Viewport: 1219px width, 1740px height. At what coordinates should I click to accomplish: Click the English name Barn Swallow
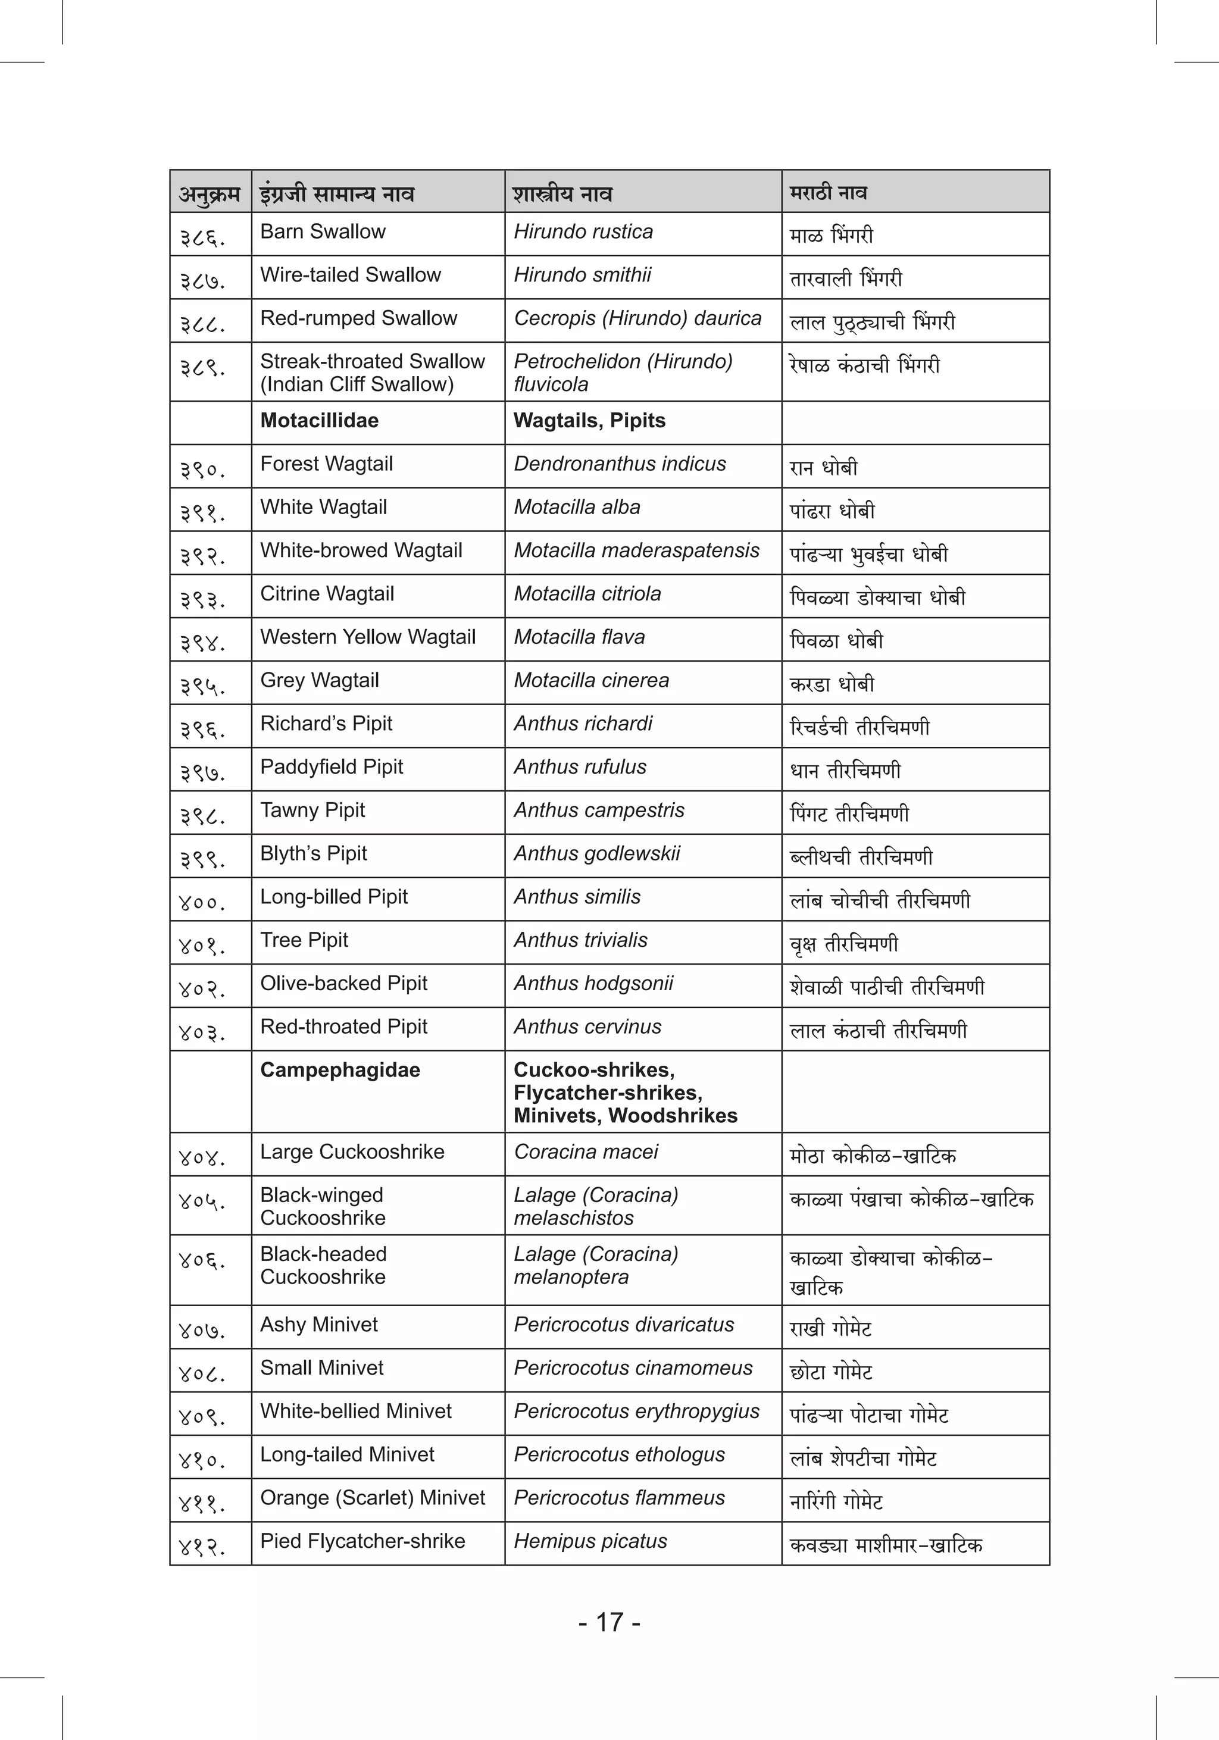[323, 232]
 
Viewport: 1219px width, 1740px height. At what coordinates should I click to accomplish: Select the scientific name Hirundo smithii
[582, 275]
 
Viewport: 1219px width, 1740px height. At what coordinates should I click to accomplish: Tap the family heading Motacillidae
[319, 421]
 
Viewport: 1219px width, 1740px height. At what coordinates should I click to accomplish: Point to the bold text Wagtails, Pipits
[589, 421]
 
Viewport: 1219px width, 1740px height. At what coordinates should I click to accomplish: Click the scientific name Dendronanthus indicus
[620, 464]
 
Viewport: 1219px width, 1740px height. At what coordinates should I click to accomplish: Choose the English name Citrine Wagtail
[327, 593]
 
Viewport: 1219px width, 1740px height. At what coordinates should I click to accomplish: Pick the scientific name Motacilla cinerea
[591, 681]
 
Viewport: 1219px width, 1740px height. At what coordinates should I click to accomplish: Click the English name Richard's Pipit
[326, 724]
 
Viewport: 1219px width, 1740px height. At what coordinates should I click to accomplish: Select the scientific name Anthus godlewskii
[596, 853]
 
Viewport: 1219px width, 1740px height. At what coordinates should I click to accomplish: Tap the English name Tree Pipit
[304, 940]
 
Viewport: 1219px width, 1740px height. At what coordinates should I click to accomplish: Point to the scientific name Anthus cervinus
[587, 1027]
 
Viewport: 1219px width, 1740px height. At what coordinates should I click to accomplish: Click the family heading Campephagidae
[340, 1070]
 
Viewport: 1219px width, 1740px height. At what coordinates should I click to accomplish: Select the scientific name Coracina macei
[586, 1152]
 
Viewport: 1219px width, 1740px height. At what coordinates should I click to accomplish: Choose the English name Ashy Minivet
[318, 1325]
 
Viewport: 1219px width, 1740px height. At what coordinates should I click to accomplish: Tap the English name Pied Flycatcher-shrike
[362, 1541]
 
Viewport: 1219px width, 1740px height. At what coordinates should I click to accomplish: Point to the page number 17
[609, 1623]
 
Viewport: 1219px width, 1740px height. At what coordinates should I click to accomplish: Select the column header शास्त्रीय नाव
[562, 194]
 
